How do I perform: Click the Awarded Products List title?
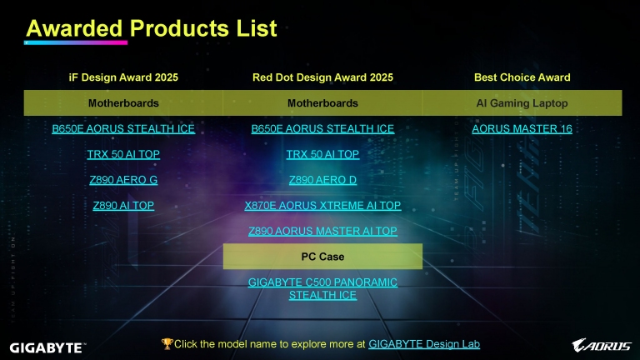[152, 28]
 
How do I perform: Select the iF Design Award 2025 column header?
[123, 77]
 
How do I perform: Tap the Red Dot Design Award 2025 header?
[322, 77]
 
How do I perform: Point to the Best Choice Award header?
[522, 77]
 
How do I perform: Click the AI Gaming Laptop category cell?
[522, 102]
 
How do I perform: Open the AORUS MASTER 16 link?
[522, 128]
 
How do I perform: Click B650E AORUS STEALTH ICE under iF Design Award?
[123, 128]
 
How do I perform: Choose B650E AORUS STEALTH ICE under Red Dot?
[322, 128]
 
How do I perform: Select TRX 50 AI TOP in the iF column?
[123, 154]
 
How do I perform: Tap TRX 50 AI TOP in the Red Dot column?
[322, 154]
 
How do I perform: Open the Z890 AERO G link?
[123, 180]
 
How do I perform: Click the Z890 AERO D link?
[322, 180]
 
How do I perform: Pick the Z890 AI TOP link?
[123, 205]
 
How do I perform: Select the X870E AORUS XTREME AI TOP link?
[322, 205]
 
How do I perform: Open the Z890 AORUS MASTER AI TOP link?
[322, 231]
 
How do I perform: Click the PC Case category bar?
[322, 257]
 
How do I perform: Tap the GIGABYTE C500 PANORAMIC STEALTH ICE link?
[322, 288]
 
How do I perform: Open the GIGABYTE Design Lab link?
[424, 344]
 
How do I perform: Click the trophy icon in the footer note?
[167, 343]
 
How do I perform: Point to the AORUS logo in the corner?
[601, 345]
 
